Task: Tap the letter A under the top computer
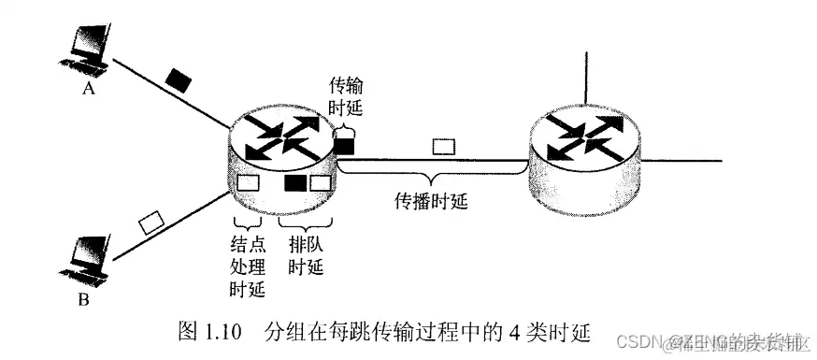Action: pos(89,92)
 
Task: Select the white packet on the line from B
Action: pos(150,223)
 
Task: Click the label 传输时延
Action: pos(344,97)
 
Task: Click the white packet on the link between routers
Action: pos(442,146)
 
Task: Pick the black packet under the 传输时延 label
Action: pos(344,145)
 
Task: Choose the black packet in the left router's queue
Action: pos(295,183)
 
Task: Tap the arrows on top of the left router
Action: pos(281,137)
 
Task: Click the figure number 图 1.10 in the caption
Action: pos(211,331)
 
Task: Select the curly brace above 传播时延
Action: pos(430,177)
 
